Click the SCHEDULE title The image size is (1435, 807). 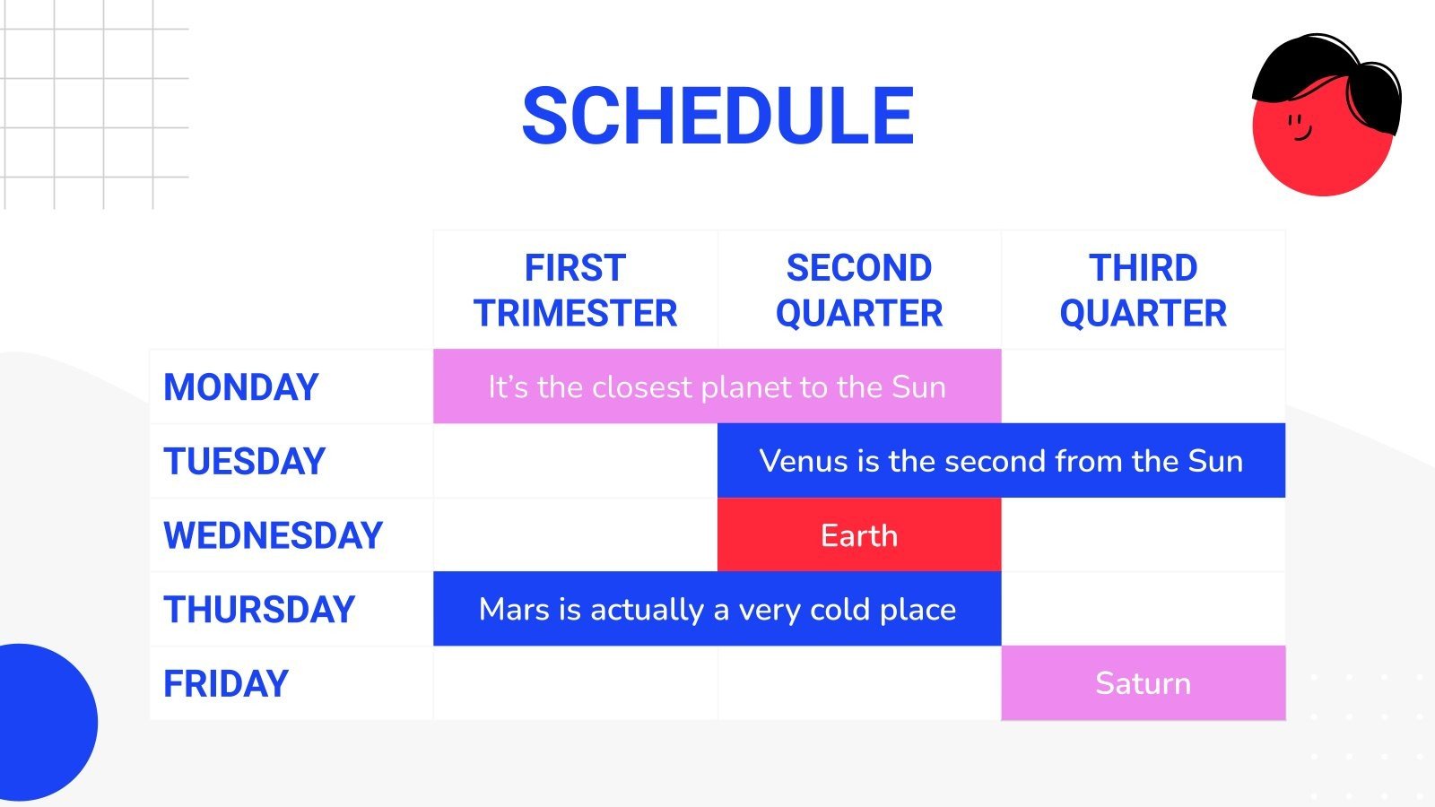click(x=718, y=116)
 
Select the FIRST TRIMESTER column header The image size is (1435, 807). click(x=575, y=291)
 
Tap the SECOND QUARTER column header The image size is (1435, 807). click(x=859, y=291)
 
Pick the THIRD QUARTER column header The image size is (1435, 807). click(x=1143, y=291)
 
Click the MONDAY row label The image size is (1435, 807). click(x=241, y=386)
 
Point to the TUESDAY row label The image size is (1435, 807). click(x=244, y=461)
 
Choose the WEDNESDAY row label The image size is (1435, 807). click(x=273, y=535)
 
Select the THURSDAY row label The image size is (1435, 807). click(x=259, y=609)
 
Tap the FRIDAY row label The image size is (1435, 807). click(x=225, y=683)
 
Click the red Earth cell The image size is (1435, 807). click(x=859, y=534)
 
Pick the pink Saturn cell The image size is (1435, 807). click(x=1144, y=682)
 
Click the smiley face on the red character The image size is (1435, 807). click(x=1300, y=126)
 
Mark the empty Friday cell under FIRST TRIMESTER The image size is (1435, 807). click(x=575, y=682)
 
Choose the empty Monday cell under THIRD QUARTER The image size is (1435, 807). click(x=1144, y=386)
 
